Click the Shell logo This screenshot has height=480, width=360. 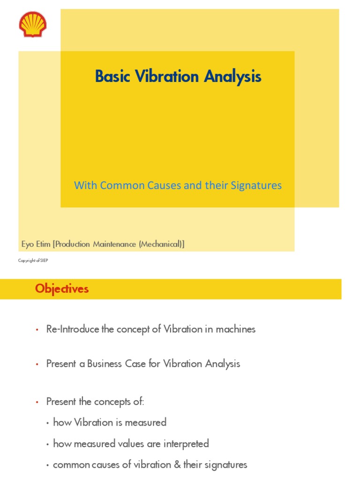coord(33,24)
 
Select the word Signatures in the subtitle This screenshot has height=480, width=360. coord(256,186)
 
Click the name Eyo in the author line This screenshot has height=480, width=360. coord(29,244)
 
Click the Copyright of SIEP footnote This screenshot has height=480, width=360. coord(33,261)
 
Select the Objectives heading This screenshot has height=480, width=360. coord(62,289)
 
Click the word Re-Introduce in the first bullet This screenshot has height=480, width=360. coord(73,329)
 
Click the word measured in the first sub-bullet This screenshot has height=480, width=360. coord(148,422)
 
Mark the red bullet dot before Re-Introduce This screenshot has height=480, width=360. coord(37,330)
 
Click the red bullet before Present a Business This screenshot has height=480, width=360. coord(37,365)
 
